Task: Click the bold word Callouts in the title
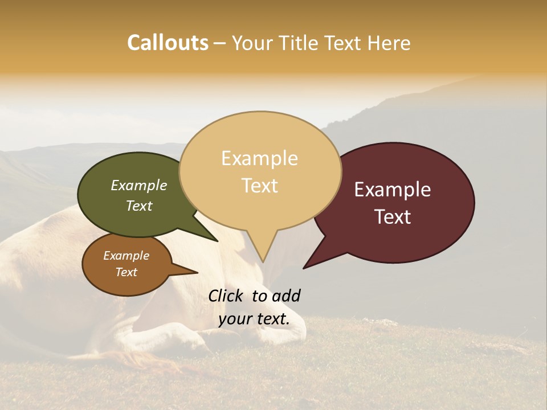168,43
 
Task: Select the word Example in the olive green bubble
139,185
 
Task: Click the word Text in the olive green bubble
139,206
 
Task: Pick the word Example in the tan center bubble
259,158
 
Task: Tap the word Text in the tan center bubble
259,186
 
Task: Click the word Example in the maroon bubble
393,190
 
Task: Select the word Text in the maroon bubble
393,217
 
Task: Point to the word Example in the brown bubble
126,256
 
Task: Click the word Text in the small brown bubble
126,272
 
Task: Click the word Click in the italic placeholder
227,296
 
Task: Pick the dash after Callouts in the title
219,43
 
